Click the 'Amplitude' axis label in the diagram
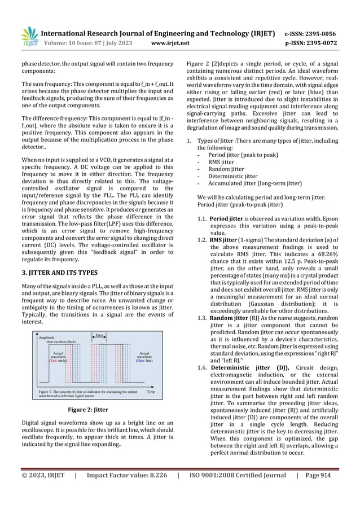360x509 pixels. point(48,337)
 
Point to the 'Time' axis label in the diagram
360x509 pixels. point(151,391)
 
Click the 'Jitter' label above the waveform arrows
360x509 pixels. point(99,335)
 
